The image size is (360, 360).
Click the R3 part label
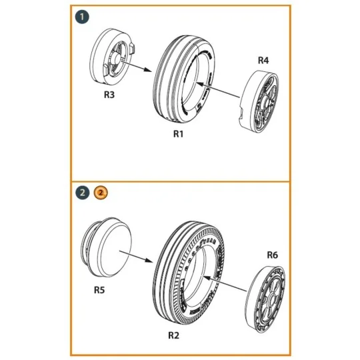coord(109,95)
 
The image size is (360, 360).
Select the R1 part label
coord(178,134)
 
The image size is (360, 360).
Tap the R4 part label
coord(264,61)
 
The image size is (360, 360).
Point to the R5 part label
coord(99,290)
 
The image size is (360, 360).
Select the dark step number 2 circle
coord(81,193)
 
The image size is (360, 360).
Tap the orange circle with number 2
coord(99,193)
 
